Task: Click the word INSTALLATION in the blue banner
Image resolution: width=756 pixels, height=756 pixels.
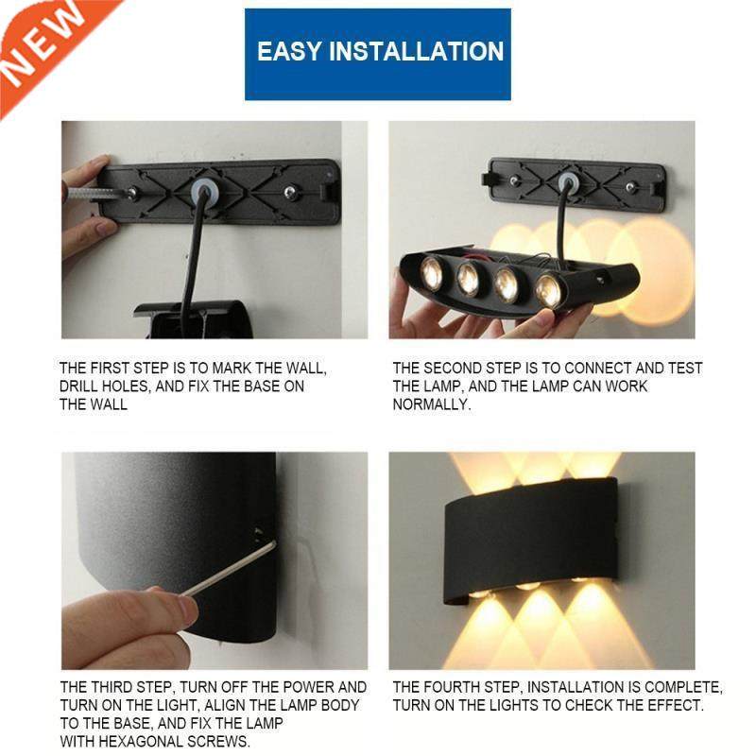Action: click(416, 52)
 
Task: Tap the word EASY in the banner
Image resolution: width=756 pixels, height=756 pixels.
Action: click(289, 52)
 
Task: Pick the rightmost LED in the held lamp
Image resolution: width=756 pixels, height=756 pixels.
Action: click(549, 290)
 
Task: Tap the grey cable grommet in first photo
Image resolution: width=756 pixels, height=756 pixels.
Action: click(202, 192)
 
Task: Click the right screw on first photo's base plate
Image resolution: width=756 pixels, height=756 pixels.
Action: click(289, 193)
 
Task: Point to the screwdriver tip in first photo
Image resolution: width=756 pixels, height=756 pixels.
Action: click(129, 193)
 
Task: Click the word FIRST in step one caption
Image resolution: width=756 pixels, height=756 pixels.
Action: click(112, 369)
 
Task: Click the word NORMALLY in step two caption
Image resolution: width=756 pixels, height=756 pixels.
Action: click(431, 404)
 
